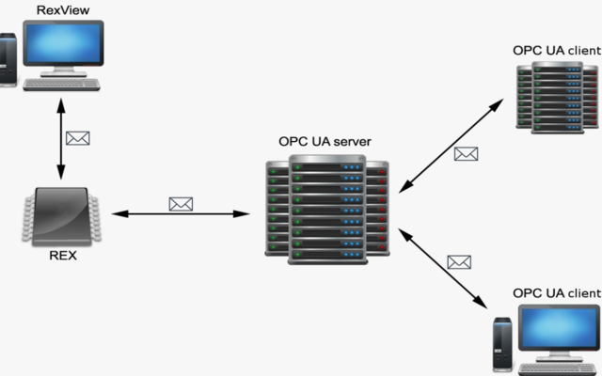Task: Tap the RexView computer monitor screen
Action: [x=64, y=43]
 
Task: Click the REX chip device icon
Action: [x=63, y=213]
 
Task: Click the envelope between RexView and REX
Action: [x=78, y=138]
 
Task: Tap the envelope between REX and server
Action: [x=180, y=203]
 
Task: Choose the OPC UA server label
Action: [x=325, y=141]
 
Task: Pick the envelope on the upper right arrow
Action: [x=466, y=153]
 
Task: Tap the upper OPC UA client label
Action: [x=556, y=49]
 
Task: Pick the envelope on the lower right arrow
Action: [x=459, y=262]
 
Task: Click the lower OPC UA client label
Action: [x=556, y=292]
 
